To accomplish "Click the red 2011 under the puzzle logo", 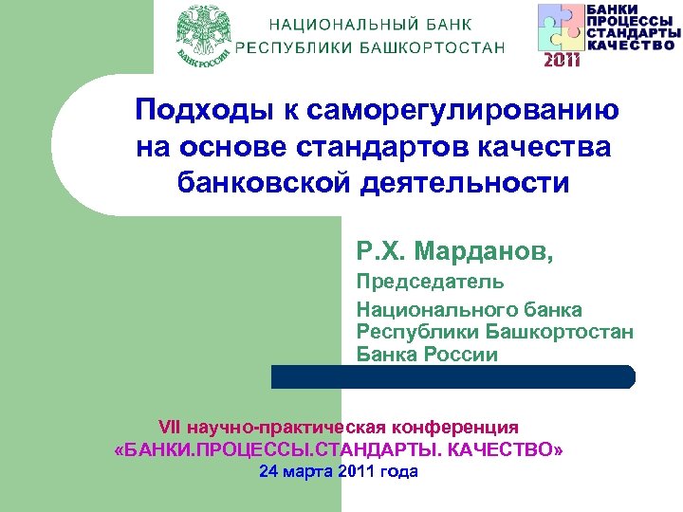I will [x=561, y=61].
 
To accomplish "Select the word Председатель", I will [x=430, y=282].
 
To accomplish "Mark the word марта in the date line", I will [x=307, y=471].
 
